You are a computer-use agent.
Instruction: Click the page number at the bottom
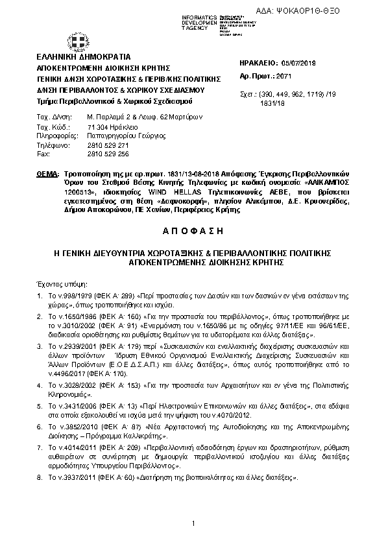pos(193,523)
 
